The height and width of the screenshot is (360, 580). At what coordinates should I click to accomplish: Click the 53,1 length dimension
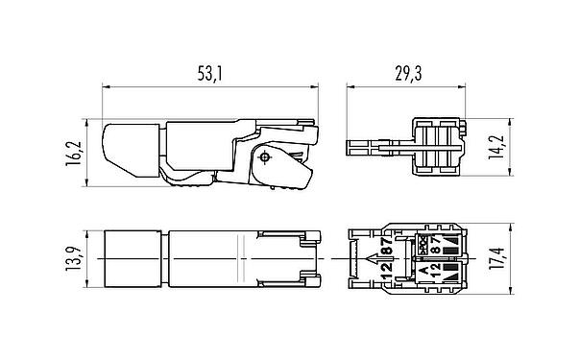210,72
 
